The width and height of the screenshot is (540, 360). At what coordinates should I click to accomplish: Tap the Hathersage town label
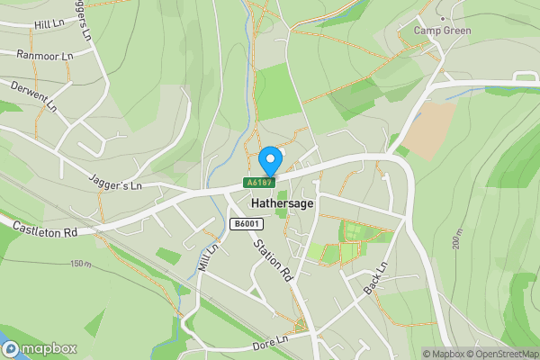click(283, 204)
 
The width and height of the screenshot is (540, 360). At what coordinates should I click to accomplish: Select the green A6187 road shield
click(258, 183)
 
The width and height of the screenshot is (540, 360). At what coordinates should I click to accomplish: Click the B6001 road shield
click(245, 224)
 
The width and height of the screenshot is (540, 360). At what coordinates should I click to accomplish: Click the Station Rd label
click(273, 260)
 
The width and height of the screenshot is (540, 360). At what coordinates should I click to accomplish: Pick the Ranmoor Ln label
click(44, 56)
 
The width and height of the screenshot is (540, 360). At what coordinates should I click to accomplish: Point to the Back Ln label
click(376, 280)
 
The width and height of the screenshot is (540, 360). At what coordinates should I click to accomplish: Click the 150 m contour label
click(81, 264)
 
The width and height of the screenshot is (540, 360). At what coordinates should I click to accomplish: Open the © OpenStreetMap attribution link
click(502, 354)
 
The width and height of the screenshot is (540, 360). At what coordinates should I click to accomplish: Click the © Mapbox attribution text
click(444, 354)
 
